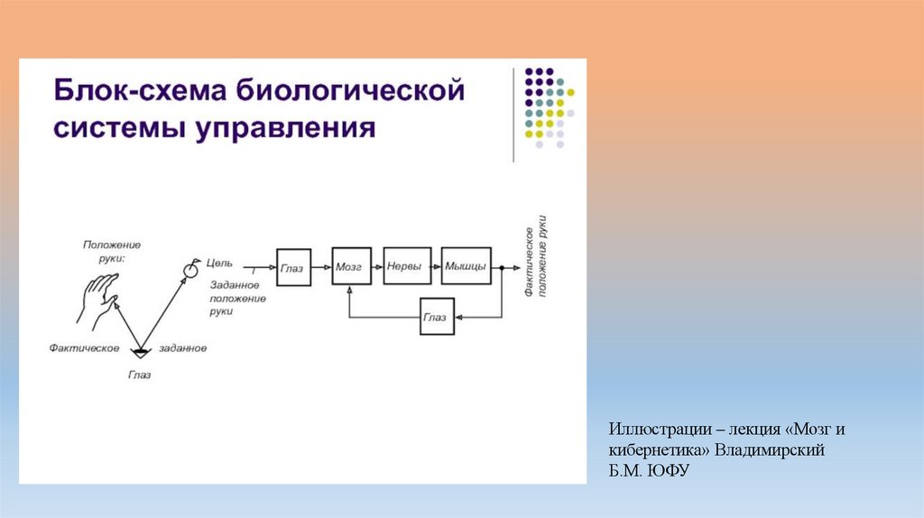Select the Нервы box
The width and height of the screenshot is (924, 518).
click(407, 266)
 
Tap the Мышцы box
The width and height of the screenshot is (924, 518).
click(467, 266)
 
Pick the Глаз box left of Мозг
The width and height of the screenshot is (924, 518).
click(293, 267)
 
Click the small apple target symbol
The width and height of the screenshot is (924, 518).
click(190, 268)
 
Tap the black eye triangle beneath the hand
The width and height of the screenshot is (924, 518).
click(140, 351)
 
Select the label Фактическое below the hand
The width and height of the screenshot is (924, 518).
click(85, 347)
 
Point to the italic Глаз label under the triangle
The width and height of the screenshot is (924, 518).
click(139, 375)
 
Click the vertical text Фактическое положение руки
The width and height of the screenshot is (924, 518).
click(533, 256)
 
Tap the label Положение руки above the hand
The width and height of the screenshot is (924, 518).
click(112, 251)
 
